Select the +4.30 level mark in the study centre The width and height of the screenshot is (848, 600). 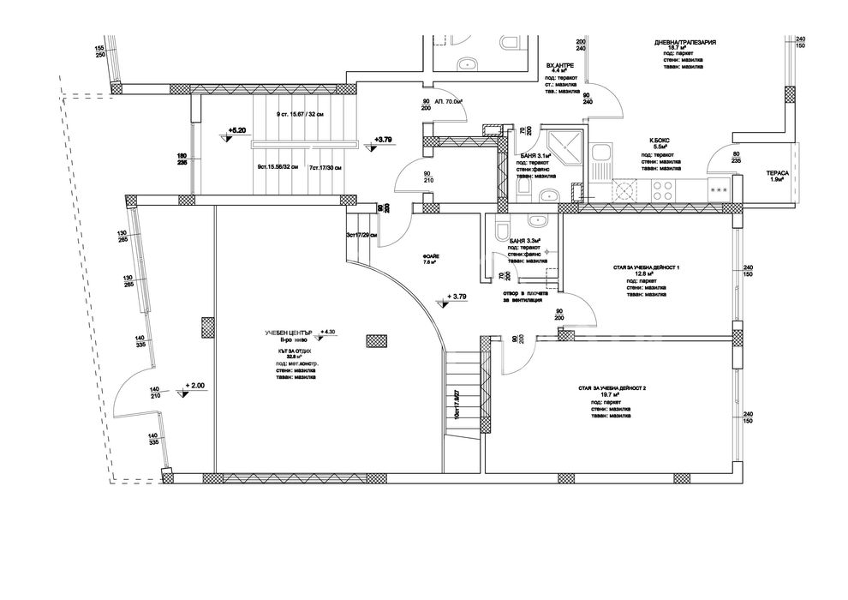(329, 331)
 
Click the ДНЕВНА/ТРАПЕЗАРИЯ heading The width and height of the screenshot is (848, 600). (684, 42)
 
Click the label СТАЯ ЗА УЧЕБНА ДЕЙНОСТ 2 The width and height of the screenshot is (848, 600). (612, 389)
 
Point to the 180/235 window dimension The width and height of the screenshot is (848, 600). (182, 160)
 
